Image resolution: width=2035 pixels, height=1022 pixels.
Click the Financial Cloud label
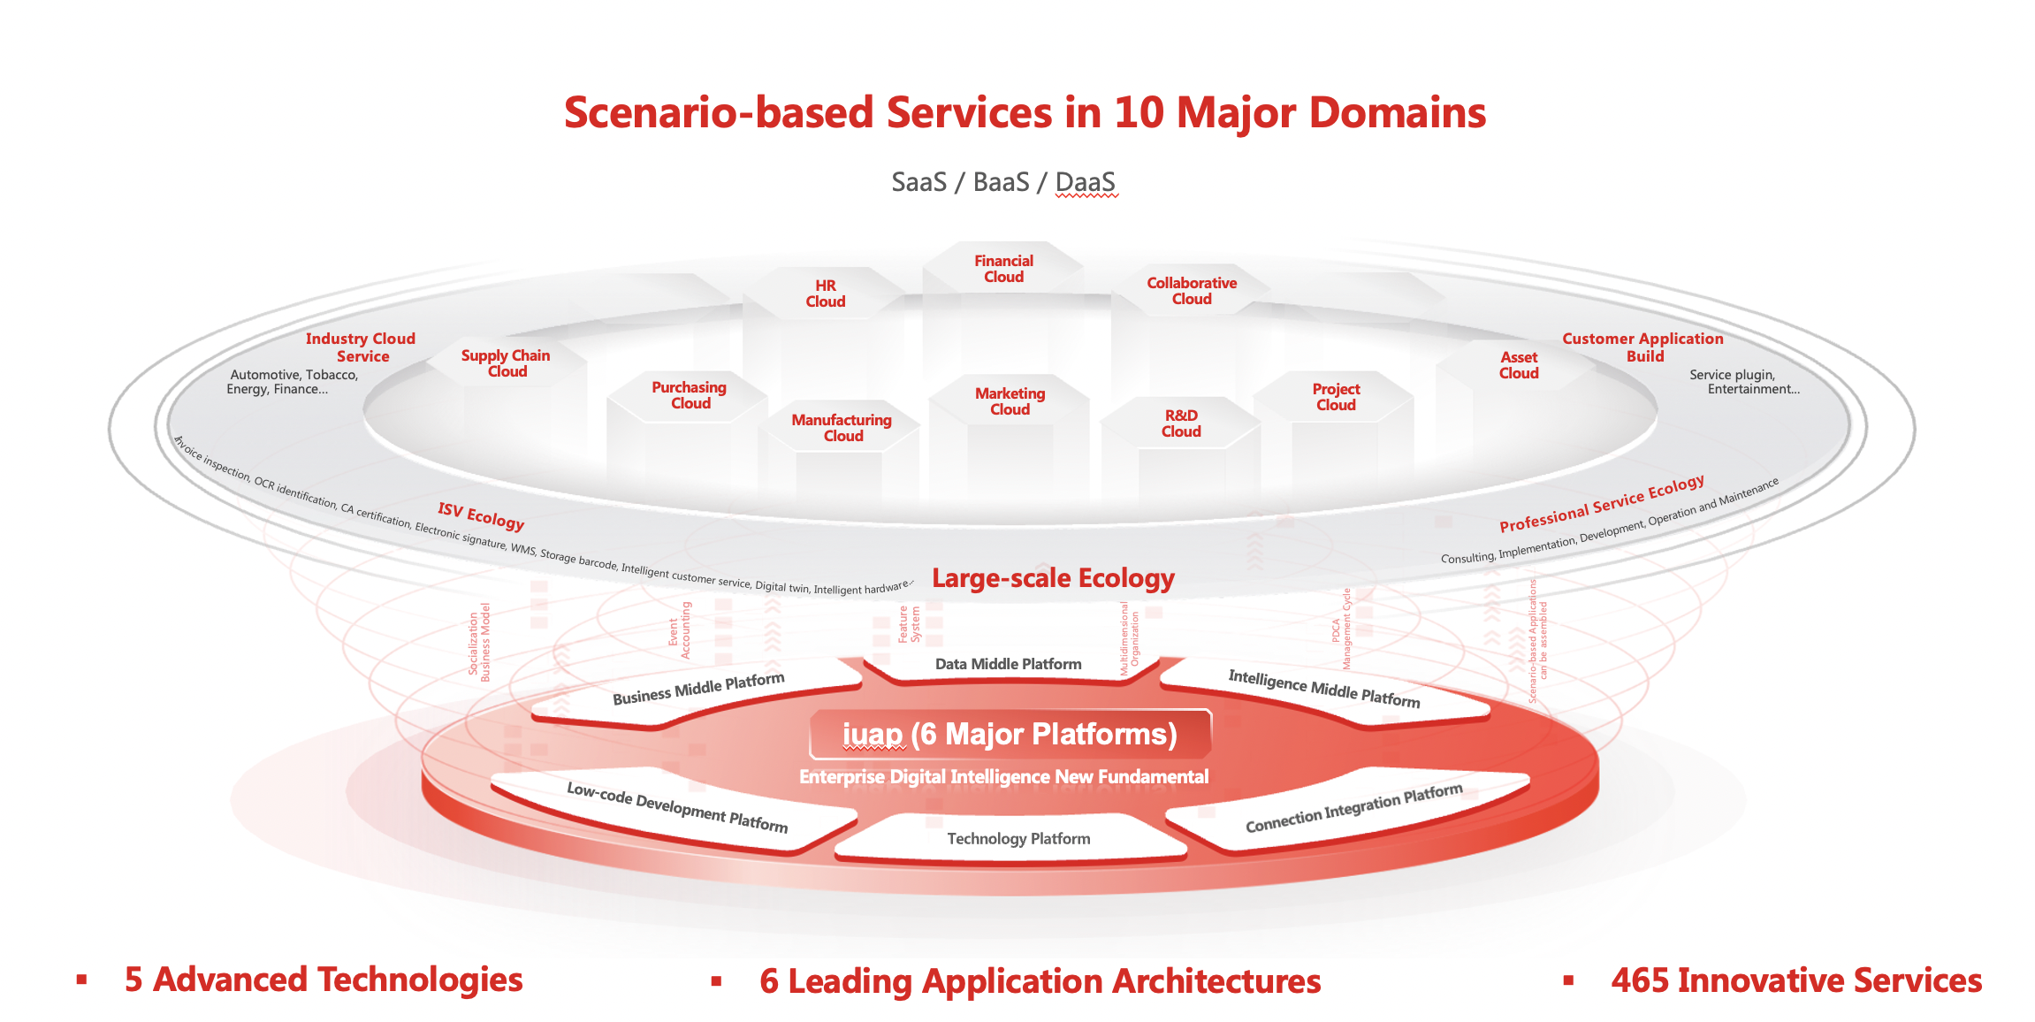click(1003, 269)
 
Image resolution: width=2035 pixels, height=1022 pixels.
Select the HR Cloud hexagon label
click(825, 294)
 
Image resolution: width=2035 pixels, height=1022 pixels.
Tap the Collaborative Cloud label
click(1192, 291)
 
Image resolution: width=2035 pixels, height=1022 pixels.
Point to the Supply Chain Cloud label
click(506, 363)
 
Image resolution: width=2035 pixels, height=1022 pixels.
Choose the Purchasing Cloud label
click(690, 395)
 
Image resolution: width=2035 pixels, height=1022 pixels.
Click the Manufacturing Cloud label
click(842, 428)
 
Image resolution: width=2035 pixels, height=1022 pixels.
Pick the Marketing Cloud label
click(1010, 401)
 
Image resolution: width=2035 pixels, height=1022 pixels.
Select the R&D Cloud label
click(1181, 423)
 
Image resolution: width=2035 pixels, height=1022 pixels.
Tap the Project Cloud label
click(1336, 397)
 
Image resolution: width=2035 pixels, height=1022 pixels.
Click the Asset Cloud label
click(1519, 365)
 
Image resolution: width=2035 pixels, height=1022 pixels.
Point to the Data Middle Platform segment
click(1008, 664)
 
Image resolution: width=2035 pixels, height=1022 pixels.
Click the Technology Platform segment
click(1018, 839)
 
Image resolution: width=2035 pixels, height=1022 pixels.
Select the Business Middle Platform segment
click(698, 689)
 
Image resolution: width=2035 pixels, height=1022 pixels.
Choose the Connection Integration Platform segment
click(1353, 808)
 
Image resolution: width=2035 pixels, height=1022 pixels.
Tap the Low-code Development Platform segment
click(676, 807)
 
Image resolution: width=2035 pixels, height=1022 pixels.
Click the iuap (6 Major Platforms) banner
click(1010, 734)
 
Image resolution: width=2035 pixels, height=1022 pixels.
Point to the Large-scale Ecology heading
click(1053, 578)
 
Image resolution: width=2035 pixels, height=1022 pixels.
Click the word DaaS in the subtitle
click(1085, 182)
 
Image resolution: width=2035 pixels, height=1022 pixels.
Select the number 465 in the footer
click(1639, 980)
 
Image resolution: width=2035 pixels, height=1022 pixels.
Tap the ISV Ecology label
click(481, 515)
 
